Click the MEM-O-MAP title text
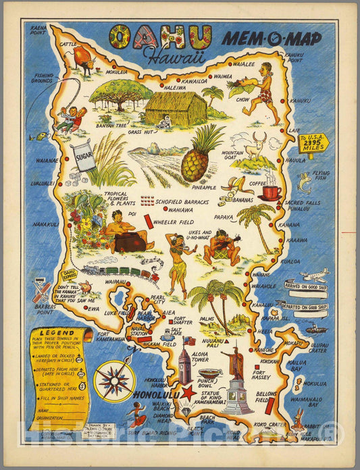pyautogui.click(x=279, y=38)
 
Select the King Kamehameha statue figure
pyautogui.click(x=236, y=364)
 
